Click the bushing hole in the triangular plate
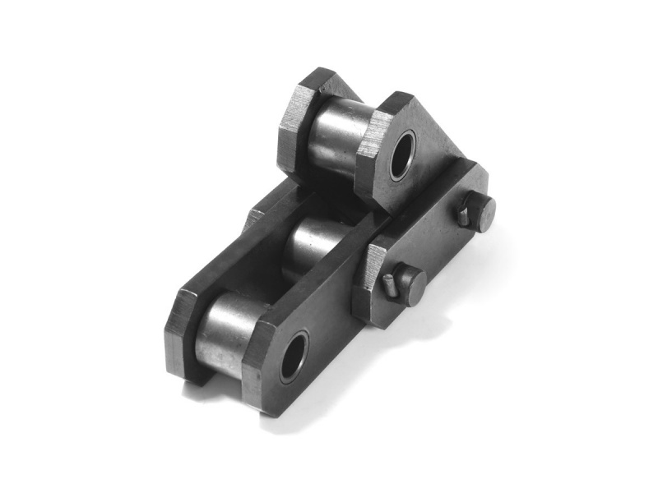point(404,156)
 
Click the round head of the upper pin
point(480,212)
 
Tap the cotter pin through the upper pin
point(465,215)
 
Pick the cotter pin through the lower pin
point(391,285)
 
